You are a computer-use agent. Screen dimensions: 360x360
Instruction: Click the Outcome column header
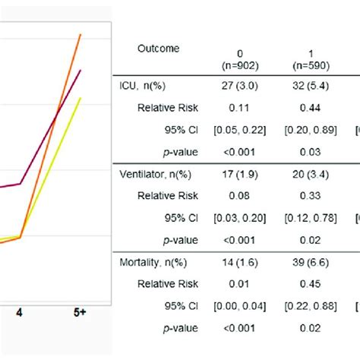[159, 49]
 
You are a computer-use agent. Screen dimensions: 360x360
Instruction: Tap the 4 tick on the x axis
[21, 312]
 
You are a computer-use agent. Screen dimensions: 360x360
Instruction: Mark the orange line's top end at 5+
[81, 35]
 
